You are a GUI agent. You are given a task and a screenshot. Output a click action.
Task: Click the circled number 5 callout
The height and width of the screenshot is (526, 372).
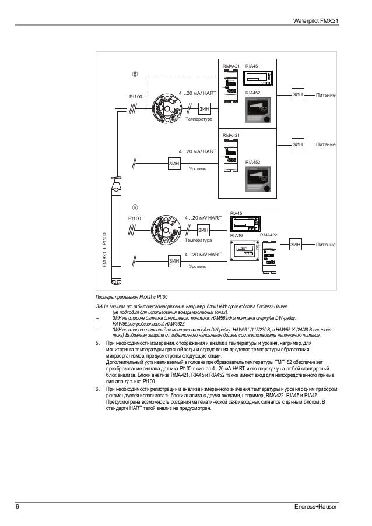135,75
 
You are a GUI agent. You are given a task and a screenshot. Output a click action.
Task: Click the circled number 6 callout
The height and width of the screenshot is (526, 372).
135,206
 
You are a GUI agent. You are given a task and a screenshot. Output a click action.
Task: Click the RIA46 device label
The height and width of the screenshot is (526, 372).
237,235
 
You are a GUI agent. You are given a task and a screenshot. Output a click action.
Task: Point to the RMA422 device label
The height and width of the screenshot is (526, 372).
268,235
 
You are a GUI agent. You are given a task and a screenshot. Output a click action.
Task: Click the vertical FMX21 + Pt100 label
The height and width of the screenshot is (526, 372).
104,250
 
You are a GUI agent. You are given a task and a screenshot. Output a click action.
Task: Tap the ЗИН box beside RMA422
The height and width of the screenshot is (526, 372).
296,246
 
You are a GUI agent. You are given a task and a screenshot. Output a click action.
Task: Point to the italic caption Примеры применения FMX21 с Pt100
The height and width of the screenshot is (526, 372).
132,296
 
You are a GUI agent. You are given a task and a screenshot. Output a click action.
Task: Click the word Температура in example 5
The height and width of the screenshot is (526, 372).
199,118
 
